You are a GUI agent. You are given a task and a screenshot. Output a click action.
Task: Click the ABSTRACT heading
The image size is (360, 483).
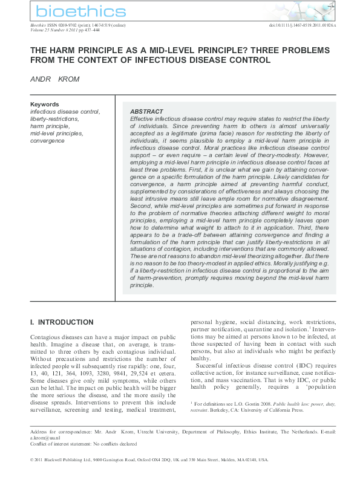(x=146, y=112)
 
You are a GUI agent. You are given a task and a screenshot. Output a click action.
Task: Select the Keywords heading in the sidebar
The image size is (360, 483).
(x=45, y=105)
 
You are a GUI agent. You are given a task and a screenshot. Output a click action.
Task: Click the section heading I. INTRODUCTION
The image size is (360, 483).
(x=62, y=322)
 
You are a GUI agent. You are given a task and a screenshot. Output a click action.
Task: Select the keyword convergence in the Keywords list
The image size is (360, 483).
(x=47, y=141)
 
